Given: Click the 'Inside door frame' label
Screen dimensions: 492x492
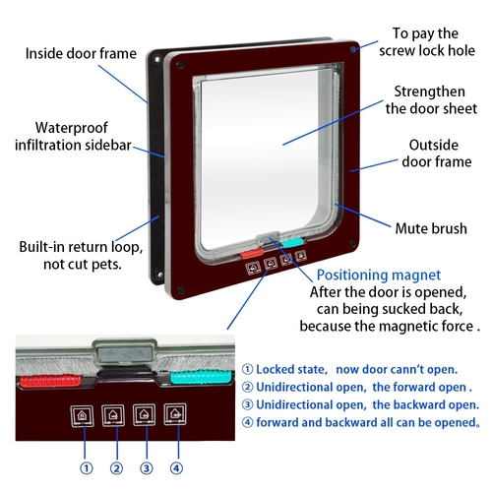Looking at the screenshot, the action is point(81,53).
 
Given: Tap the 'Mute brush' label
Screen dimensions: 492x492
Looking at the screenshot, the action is point(431,228).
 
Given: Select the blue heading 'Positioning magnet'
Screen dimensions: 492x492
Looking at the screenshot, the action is point(379,276).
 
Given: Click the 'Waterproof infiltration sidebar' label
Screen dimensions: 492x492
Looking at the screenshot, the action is point(73,137).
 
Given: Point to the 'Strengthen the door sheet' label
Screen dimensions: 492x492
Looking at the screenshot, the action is point(431,100).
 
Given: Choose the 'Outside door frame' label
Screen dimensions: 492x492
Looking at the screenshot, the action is point(436,154).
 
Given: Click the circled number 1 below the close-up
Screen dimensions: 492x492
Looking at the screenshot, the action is point(87,468).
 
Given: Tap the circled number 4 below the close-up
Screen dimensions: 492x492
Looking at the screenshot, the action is point(176,468).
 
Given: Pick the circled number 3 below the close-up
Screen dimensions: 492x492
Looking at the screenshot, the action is point(147,468).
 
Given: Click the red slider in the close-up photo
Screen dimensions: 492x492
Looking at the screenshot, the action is point(50,381).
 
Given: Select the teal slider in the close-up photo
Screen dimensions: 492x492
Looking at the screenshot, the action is point(201,377).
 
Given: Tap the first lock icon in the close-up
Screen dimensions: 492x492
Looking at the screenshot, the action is point(82,416).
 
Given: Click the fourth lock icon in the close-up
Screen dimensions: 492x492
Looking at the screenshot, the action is point(175,414).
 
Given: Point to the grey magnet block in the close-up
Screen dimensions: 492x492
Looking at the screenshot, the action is point(125,353).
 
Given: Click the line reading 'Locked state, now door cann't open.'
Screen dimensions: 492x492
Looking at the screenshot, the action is point(349,370).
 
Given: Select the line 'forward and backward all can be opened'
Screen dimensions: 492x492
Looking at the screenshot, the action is point(361,422).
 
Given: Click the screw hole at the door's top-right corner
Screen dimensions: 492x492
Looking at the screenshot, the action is point(353,50).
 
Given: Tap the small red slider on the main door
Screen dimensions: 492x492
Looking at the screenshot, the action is point(252,254).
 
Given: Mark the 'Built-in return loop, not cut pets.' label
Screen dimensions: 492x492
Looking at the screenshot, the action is point(81,256).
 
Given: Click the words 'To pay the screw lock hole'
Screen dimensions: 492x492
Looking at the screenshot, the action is point(427,42).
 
